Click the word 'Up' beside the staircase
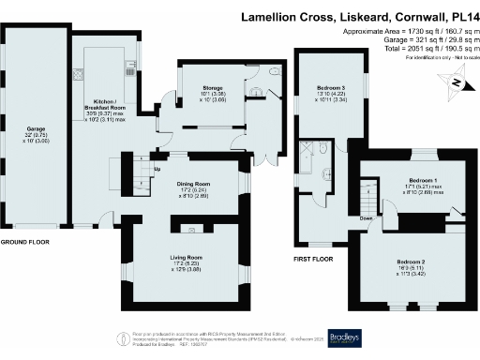[x=157, y=169]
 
